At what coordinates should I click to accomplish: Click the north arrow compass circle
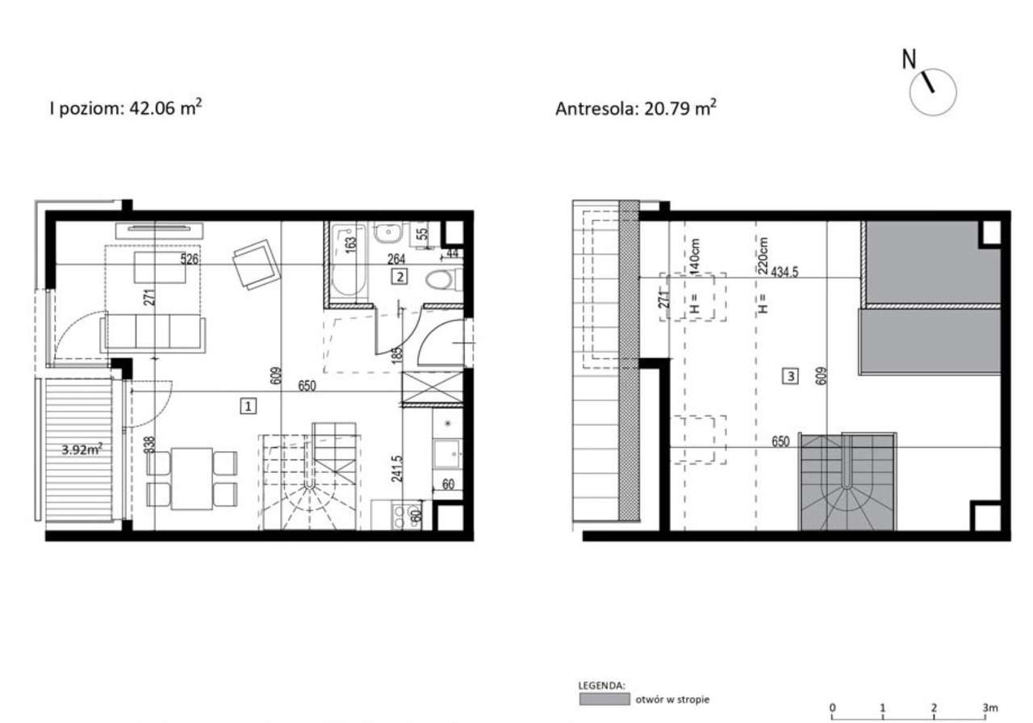932,90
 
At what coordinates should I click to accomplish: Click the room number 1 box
249,407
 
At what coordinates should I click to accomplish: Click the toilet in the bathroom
441,280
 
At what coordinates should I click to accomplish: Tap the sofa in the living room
153,333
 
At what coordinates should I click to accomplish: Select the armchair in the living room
256,265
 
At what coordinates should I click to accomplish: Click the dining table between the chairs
192,479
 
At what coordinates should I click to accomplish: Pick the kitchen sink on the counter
446,453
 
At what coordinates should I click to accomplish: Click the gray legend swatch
603,699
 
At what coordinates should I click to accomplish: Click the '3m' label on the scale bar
989,708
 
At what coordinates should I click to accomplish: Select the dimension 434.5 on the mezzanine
784,272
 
